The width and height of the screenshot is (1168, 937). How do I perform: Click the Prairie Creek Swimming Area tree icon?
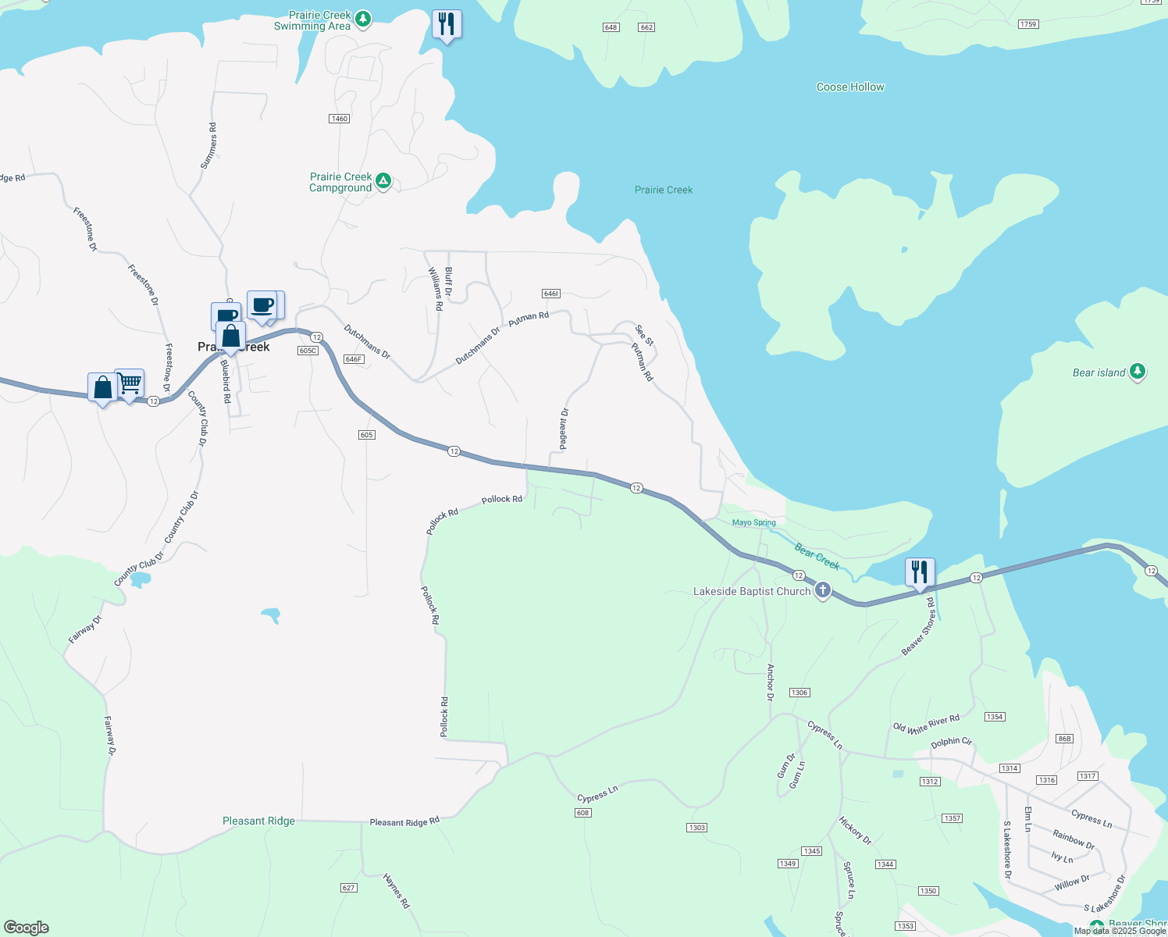pos(362,20)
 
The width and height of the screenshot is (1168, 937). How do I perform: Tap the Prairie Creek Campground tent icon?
pos(383,181)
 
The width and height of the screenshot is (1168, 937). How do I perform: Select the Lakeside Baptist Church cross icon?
pos(822,590)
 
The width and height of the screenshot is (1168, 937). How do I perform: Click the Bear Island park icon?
pos(1138,372)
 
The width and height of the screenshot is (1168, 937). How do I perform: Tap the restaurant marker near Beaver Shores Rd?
pos(920,572)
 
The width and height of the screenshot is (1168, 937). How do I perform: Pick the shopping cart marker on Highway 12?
pos(130,384)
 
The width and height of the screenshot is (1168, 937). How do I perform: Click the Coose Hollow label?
pos(850,87)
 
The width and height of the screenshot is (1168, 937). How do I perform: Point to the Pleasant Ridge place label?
pos(258,821)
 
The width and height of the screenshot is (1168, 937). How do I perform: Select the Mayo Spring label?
pos(754,522)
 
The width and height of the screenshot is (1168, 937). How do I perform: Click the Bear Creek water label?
pos(817,556)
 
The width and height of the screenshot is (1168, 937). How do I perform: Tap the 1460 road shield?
pos(339,119)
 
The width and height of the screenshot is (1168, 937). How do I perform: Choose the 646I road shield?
pos(550,294)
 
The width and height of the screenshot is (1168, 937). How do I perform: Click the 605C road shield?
pos(308,351)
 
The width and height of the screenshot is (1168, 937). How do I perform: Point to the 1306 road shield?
pos(799,693)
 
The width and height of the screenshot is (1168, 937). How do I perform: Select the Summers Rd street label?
pos(208,145)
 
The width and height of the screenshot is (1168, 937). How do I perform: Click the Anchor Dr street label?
pos(771,682)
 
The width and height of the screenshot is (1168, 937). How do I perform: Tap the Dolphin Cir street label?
pos(951,742)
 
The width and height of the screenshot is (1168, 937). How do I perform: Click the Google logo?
pos(26,927)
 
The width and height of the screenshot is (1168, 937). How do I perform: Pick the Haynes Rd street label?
pos(397,890)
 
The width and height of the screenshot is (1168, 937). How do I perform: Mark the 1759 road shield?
pos(1028,24)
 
